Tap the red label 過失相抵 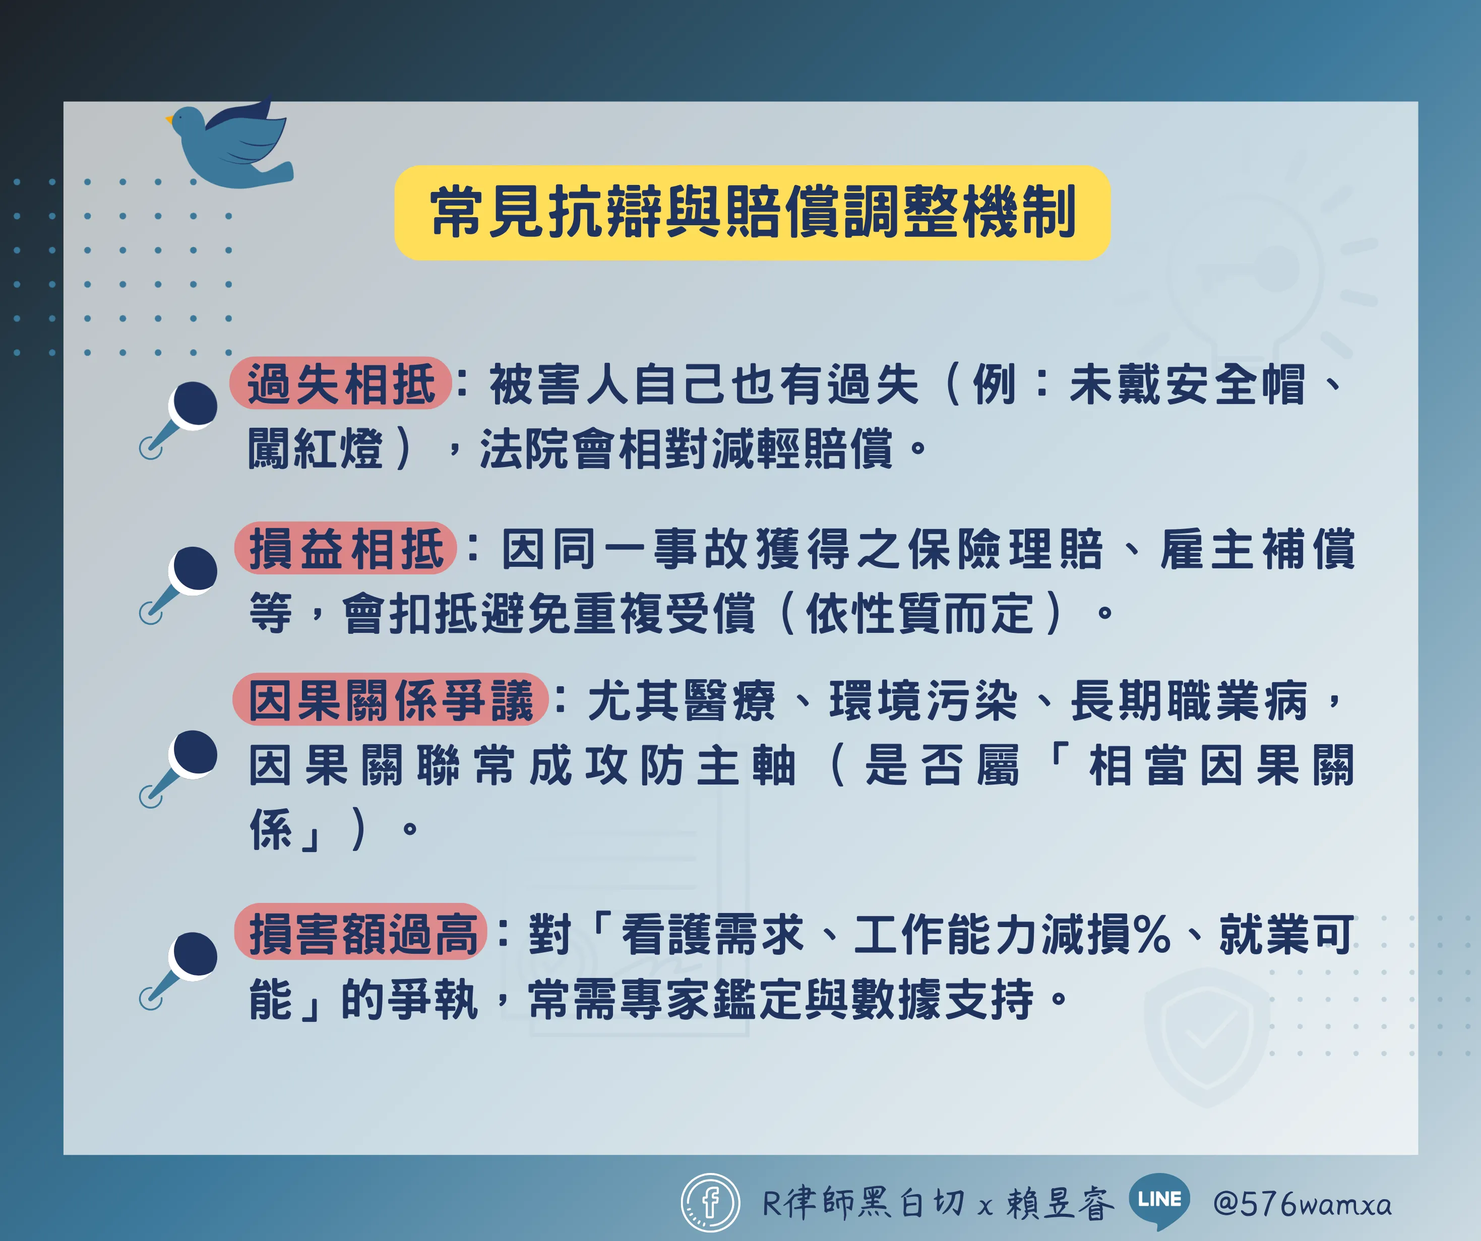click(341, 383)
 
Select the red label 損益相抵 click(346, 548)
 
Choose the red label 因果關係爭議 click(391, 699)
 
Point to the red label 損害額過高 click(361, 932)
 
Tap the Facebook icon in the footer click(710, 1202)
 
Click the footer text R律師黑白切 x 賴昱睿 click(938, 1203)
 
